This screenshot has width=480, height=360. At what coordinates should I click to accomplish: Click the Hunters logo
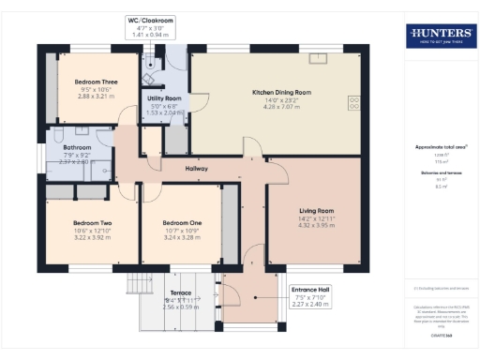tap(440, 37)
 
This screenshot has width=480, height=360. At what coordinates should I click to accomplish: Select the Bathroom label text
tap(77, 147)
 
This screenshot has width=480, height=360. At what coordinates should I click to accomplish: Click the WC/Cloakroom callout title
tap(150, 20)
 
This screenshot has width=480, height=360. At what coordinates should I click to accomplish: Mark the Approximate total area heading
tap(441, 147)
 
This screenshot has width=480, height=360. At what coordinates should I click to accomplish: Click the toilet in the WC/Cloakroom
tap(150, 58)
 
